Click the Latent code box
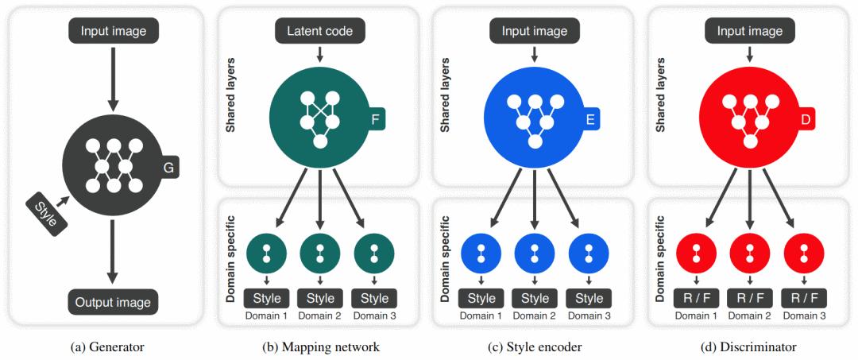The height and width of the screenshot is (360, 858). [x=320, y=31]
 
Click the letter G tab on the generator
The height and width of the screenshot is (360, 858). [x=168, y=168]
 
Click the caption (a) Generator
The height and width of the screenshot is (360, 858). [x=108, y=346]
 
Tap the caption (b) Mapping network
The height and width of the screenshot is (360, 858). [x=320, y=346]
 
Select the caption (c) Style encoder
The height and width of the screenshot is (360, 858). [x=535, y=346]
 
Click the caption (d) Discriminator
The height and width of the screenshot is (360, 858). [x=750, y=346]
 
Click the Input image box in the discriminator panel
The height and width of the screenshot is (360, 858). [x=750, y=31]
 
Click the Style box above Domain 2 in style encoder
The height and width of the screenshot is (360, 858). [x=535, y=299]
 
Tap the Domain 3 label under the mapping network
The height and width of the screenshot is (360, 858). [x=374, y=316]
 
